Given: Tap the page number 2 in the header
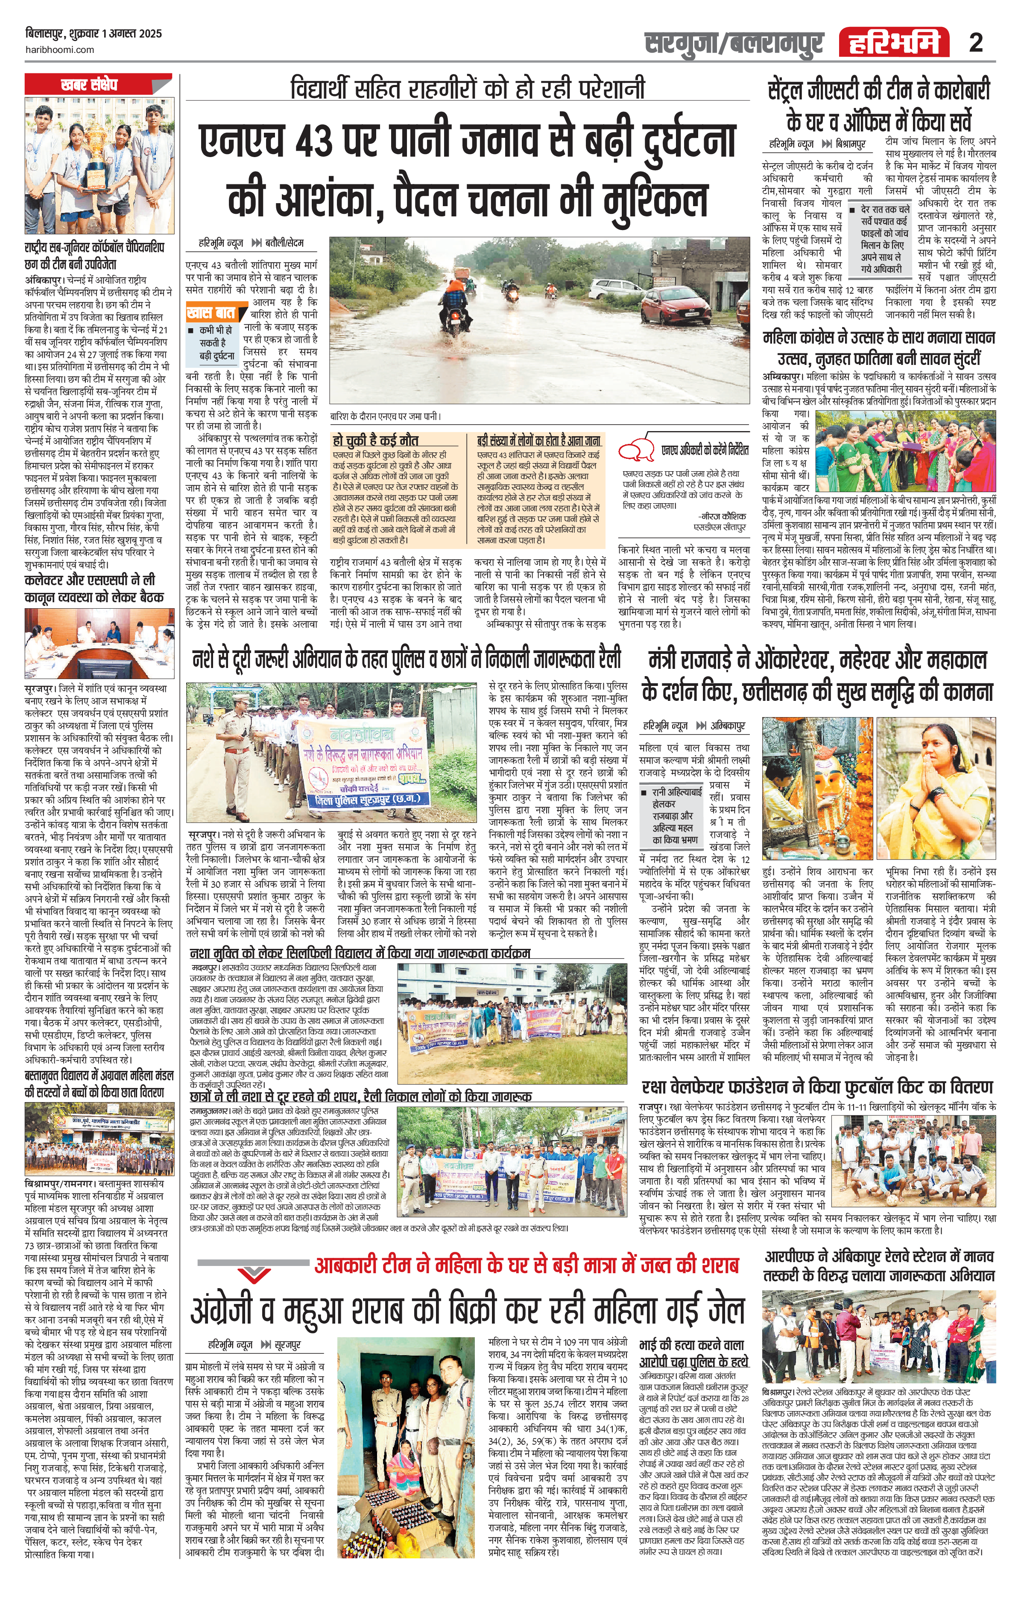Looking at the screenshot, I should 976,43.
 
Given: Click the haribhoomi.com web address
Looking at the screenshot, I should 60,50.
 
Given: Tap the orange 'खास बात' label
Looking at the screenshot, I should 211,312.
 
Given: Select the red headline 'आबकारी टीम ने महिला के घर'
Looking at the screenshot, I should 526,1265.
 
